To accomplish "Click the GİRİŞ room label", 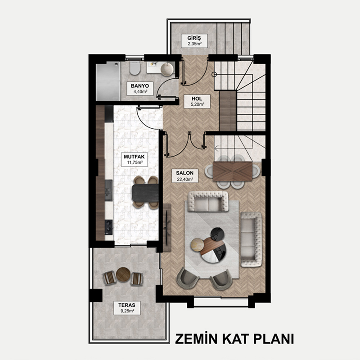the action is pos(194,41).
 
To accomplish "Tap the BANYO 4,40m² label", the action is pos(140,89).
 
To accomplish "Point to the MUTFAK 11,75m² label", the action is pos(134,160).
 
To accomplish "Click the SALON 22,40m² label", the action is pos(185,176).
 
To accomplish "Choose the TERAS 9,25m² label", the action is pos(127,308).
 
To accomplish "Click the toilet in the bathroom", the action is pos(135,68).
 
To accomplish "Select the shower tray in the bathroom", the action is pos(108,82).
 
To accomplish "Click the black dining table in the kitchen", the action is pos(145,193).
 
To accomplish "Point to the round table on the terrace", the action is pos(123,274).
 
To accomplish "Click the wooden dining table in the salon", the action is pos(233,171).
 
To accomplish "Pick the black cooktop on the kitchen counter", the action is pos(108,227).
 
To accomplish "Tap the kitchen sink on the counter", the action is pos(108,190).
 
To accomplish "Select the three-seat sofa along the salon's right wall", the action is pos(251,239).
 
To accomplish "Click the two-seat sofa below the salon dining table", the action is pos(208,201).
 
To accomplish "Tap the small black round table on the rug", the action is pos(218,234).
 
